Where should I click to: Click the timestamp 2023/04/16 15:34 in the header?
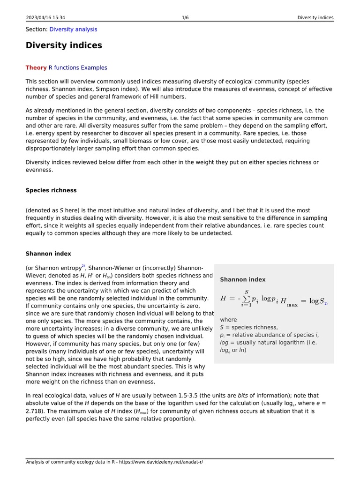click(45, 18)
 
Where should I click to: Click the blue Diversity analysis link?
click(73, 29)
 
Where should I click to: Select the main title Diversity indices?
click(64, 45)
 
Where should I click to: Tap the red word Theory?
click(36, 67)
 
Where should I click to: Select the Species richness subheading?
click(51, 190)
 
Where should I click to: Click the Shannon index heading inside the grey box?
click(242, 279)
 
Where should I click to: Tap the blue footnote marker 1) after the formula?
click(326, 303)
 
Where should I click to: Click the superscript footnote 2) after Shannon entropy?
click(83, 266)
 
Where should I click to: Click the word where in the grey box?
click(228, 320)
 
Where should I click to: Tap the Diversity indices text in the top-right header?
click(315, 18)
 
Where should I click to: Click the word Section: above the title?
click(37, 29)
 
